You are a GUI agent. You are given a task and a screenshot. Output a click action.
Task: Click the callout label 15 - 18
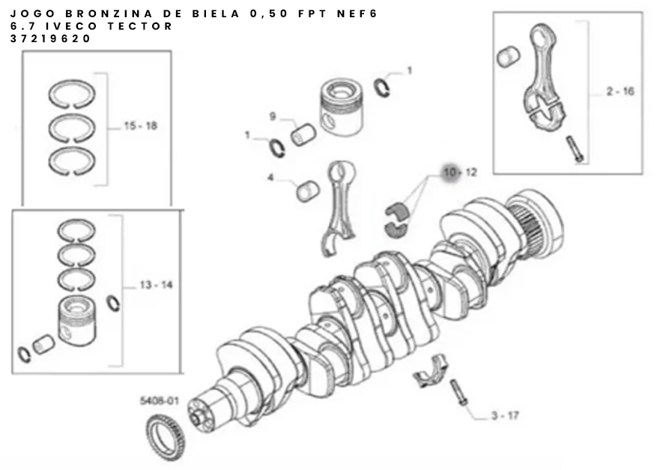(x=140, y=126)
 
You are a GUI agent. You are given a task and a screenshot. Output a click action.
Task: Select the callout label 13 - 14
(x=156, y=285)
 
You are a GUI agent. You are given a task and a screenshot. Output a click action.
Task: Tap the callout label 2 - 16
(x=620, y=91)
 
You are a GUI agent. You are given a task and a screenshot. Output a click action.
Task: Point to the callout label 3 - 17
(x=505, y=415)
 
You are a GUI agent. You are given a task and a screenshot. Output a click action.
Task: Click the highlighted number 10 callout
(x=450, y=172)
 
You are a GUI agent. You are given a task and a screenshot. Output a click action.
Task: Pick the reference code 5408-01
(x=160, y=401)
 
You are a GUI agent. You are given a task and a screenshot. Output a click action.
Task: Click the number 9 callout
(x=273, y=116)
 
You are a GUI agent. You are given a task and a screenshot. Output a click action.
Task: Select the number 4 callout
(x=270, y=177)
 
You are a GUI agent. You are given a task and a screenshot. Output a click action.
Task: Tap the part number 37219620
(x=50, y=38)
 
